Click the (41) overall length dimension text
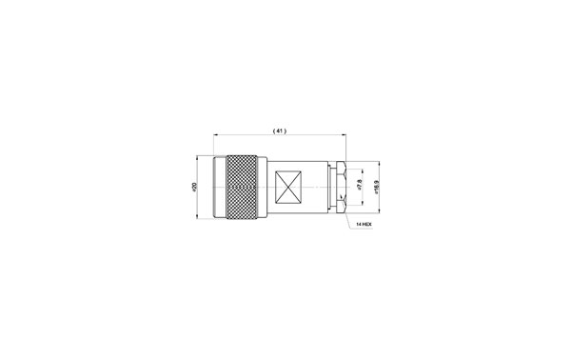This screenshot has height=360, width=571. pos(279,130)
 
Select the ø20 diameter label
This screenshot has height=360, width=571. pos(194,187)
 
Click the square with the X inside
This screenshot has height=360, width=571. pos(287,186)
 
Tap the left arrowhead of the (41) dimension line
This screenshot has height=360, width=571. pos(216,136)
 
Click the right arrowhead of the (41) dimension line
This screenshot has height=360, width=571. pos(344,136)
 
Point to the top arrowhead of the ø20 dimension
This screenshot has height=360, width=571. pos(200,159)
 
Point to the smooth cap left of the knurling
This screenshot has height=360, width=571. pos(218,186)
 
